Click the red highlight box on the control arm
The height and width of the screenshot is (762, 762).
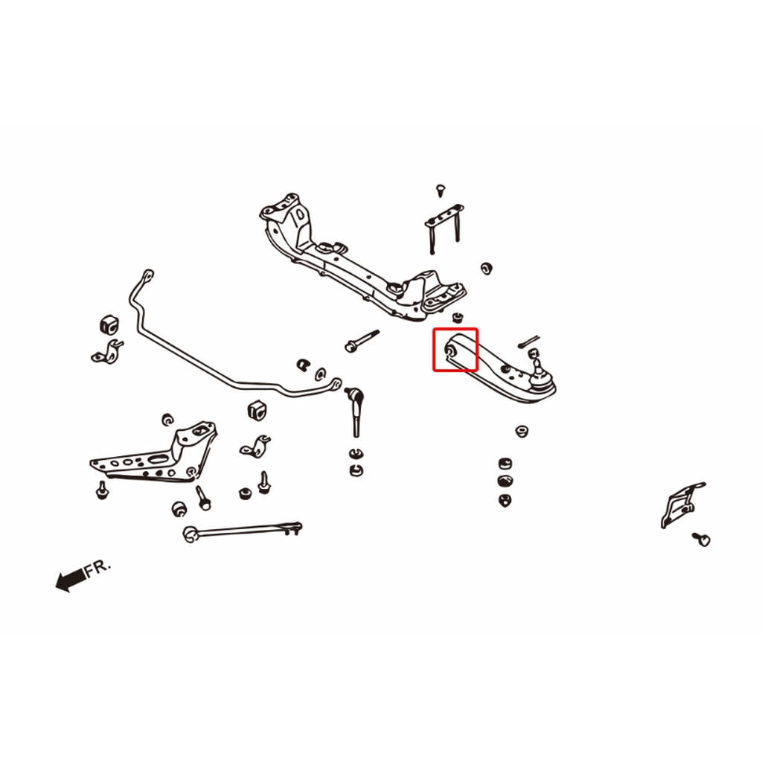(455, 329)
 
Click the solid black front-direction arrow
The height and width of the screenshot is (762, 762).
(71, 579)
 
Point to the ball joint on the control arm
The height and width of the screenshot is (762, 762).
(540, 374)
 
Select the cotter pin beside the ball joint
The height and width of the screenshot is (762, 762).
(528, 341)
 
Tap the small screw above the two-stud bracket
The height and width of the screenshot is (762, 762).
(441, 190)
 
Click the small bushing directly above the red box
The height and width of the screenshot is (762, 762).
(457, 317)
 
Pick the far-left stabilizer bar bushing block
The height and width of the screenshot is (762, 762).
(109, 324)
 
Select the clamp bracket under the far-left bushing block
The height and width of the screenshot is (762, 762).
(107, 351)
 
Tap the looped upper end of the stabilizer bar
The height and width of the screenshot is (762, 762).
(148, 275)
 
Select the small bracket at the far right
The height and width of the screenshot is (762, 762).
(682, 505)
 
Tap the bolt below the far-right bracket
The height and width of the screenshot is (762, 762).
(701, 539)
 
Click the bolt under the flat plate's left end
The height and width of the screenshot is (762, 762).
(102, 490)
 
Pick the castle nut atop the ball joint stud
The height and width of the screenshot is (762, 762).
(534, 352)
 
